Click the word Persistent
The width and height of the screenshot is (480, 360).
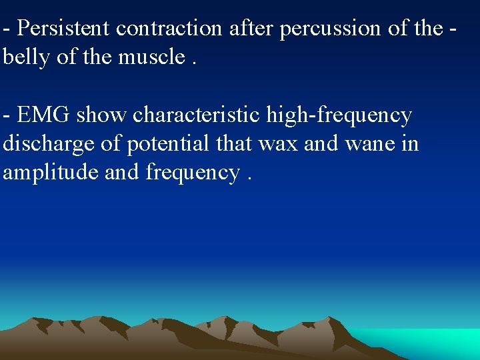coord(63,28)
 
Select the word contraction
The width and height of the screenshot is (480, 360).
coord(169,28)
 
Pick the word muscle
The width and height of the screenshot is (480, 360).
coord(153,57)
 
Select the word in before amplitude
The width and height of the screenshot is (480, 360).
coord(409,144)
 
